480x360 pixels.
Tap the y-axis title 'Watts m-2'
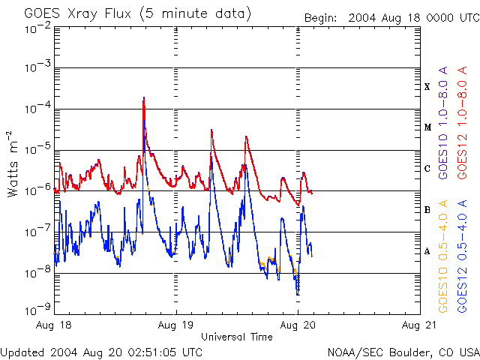pos(13,164)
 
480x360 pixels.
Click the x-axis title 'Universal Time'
pos(236,337)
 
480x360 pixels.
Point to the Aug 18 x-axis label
pos(55,325)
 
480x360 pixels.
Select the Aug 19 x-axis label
pos(176,325)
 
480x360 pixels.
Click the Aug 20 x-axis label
pos(298,325)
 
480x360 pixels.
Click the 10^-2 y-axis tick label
pos(36,28)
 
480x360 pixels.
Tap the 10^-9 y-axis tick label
pos(36,308)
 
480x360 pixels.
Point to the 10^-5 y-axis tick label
pos(36,148)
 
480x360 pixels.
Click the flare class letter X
pos(427,87)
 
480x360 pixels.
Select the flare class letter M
pos(427,127)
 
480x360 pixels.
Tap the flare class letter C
pos(427,169)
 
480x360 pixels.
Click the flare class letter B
pos(427,210)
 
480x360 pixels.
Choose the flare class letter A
pos(427,251)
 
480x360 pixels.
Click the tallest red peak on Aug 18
pos(143,98)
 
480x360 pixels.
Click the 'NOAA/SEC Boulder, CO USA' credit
pos(403,352)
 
